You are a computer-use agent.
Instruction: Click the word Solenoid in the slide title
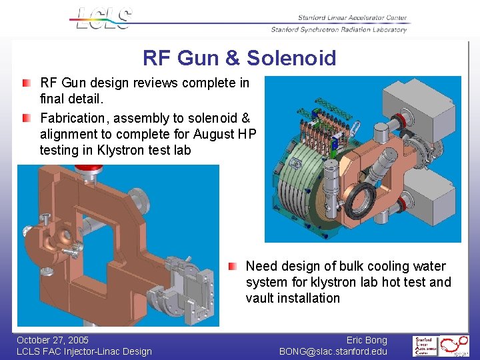291,58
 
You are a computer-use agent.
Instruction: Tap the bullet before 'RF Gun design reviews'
25,83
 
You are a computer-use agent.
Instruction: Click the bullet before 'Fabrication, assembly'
25,118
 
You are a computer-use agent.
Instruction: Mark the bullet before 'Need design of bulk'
231,266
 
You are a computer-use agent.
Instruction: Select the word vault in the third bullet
261,298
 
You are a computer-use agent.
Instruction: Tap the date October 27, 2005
53,340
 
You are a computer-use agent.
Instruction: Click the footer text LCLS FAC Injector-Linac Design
84,351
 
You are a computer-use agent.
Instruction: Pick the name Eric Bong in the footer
367,340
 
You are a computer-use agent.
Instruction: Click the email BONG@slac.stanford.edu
333,351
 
